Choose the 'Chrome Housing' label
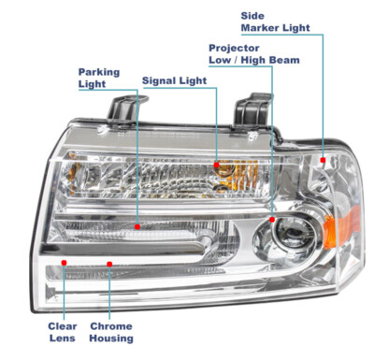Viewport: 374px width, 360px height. coord(111,332)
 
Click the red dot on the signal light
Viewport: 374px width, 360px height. coord(218,165)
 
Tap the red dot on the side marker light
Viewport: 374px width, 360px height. coord(323,161)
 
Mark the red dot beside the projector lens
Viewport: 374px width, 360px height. coord(272,219)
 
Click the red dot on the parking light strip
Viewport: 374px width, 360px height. coord(137,225)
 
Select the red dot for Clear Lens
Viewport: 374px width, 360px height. coord(64,264)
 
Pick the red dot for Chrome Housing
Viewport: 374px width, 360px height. coord(110,264)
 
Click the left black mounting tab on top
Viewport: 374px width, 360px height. coord(122,111)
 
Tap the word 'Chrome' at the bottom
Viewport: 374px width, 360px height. coord(110,326)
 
